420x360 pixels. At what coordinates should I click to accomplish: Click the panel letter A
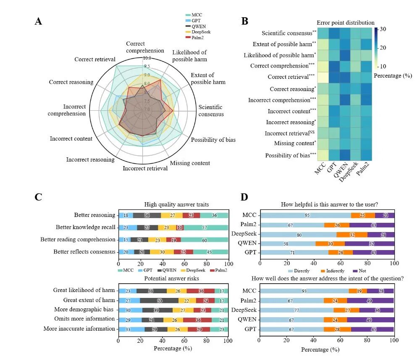38,21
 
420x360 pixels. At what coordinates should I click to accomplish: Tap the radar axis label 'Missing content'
190,163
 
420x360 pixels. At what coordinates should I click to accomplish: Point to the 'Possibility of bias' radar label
213,139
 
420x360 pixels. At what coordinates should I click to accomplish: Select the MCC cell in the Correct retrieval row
323,77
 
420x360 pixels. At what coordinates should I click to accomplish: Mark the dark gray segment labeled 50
159,300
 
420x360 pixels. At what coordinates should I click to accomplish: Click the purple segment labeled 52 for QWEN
370,243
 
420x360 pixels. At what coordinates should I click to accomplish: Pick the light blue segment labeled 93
304,290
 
